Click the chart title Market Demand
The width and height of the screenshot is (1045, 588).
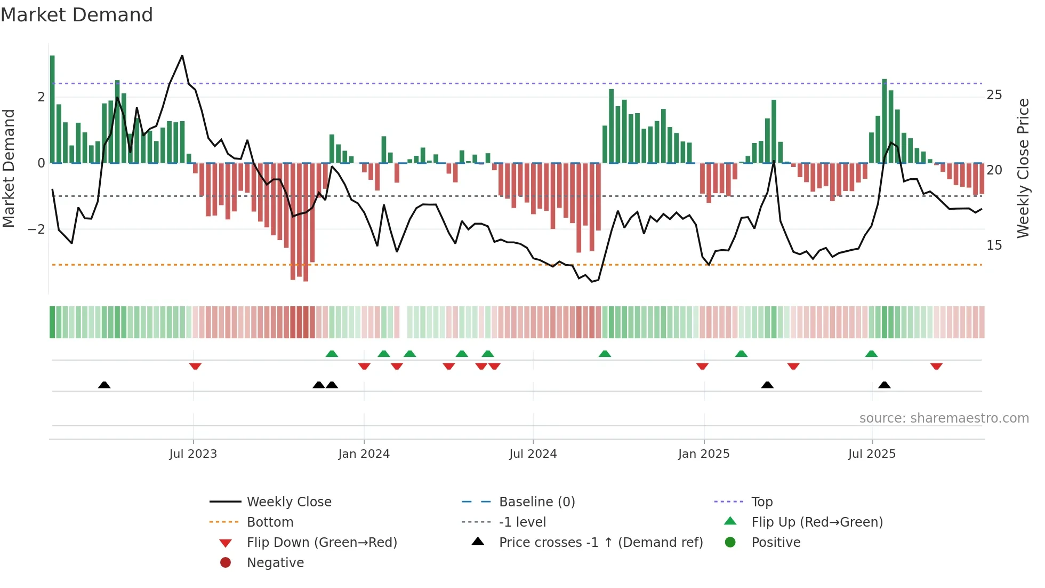77,15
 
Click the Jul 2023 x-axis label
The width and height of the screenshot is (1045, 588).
193,454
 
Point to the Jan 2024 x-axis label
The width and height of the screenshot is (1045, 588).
364,454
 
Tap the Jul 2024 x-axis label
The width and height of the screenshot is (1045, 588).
533,454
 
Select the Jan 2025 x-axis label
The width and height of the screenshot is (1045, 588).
704,454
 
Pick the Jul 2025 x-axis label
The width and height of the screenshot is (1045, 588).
872,454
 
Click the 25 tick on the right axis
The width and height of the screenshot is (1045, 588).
994,95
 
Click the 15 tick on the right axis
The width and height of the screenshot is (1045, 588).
994,245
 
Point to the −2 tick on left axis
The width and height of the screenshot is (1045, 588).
36,229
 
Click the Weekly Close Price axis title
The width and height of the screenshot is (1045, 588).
1023,168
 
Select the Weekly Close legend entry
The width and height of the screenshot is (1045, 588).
288,502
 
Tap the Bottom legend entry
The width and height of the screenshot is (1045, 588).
270,522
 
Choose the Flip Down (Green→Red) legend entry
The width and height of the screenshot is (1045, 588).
321,543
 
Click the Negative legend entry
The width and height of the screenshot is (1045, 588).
275,563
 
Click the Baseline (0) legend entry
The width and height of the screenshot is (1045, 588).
536,502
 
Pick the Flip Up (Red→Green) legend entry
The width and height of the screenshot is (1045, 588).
817,522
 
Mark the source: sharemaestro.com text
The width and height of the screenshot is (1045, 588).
944,418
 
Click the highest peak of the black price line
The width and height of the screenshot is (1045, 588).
182,56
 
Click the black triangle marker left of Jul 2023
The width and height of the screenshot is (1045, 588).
104,385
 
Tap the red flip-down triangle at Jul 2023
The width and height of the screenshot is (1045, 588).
195,366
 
